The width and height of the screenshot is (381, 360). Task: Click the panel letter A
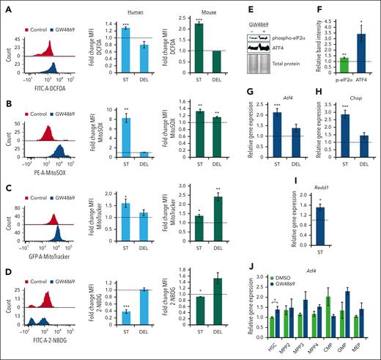click(6, 6)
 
